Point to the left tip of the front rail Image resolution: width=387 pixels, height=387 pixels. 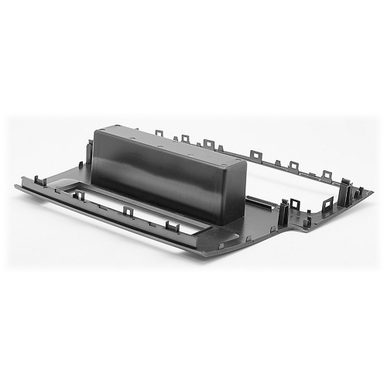click(18, 186)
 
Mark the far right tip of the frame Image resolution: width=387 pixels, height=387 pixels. click(372, 190)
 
